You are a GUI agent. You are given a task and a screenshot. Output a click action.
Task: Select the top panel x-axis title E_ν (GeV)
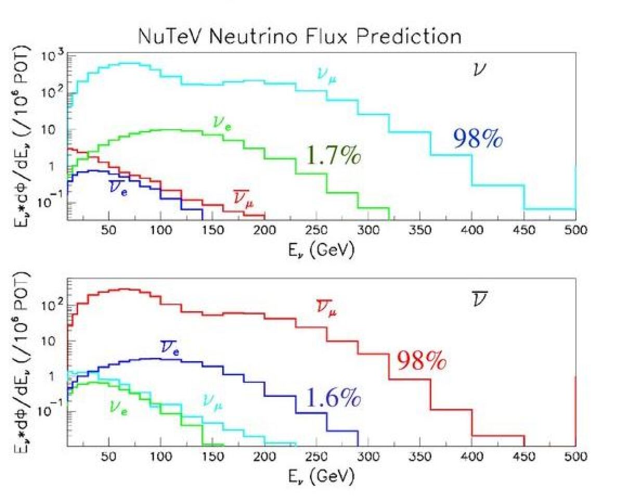(322, 251)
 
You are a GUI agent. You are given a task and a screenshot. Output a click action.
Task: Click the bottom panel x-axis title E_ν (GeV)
(322, 476)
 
